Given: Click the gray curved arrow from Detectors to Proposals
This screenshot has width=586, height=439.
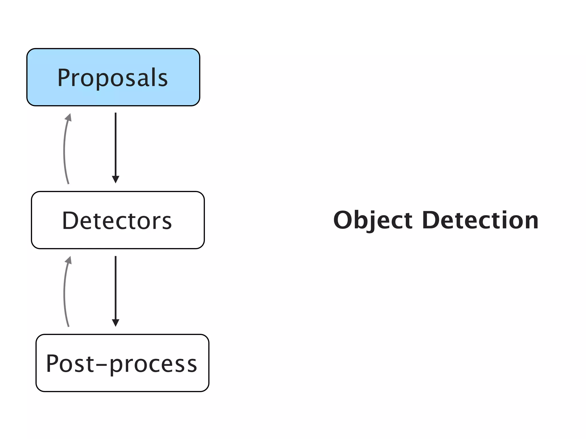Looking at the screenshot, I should pyautogui.click(x=64, y=151).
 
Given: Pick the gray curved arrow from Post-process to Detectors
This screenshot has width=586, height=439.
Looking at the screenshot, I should pyautogui.click(x=64, y=294).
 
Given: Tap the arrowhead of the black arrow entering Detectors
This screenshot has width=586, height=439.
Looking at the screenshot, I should pyautogui.click(x=116, y=179).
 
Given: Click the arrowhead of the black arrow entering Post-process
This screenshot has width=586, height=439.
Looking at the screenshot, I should pyautogui.click(x=116, y=323).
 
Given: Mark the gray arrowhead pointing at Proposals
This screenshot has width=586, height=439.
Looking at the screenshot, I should pyautogui.click(x=69, y=117).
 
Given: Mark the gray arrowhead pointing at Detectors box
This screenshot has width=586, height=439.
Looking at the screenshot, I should pyautogui.click(x=69, y=260).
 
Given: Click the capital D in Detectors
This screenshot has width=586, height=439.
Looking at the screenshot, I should pyautogui.click(x=70, y=220).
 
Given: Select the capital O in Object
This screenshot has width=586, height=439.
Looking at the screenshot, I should pyautogui.click(x=344, y=220).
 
